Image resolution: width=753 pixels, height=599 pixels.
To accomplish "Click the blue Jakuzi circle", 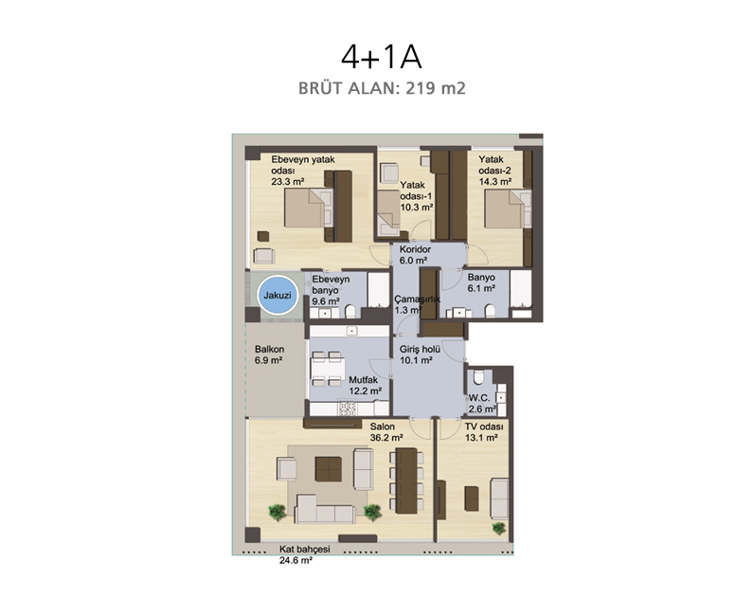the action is (278, 296).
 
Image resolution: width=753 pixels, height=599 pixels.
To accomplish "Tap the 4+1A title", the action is (382, 57).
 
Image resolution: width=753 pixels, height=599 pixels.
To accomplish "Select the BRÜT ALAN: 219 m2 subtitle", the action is (382, 88).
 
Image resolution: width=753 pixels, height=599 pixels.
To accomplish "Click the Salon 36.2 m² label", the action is (386, 432).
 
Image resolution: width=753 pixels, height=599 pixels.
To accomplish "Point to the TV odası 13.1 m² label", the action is (484, 432).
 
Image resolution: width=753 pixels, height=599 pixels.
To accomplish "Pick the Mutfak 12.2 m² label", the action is (365, 385).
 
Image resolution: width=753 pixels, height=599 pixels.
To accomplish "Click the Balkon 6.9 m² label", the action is (269, 354).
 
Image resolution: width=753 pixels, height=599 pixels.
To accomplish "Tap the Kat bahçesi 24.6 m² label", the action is (304, 554).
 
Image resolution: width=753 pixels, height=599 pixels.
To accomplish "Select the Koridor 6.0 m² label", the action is (415, 255).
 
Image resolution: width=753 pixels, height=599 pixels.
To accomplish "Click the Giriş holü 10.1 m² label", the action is (420, 354).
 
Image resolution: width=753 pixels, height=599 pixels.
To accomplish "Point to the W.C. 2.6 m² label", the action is (482, 404).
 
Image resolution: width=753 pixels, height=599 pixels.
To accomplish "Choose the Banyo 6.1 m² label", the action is (481, 282).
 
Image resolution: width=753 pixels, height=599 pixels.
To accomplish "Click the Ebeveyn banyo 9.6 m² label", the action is (331, 290).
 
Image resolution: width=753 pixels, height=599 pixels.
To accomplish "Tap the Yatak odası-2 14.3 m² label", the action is (494, 170).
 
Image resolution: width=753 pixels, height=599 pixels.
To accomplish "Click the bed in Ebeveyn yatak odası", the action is (308, 208).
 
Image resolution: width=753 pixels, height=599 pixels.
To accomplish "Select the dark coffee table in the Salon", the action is (329, 469).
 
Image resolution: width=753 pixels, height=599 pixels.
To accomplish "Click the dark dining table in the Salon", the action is (406, 481).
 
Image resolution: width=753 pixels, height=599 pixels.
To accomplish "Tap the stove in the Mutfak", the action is (348, 408).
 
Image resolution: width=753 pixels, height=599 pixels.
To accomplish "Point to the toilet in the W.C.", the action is (478, 377).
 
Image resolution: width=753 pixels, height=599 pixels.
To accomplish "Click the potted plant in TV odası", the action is (499, 528).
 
